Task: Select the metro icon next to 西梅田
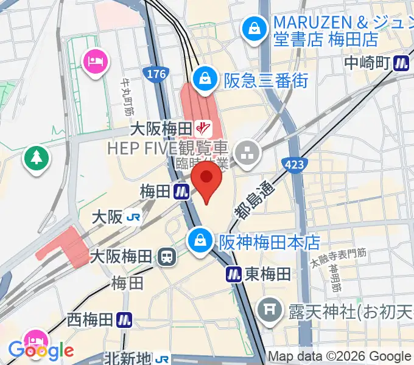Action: tap(125, 319)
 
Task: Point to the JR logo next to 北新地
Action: tap(163, 359)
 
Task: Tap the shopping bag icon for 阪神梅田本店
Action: tap(200, 241)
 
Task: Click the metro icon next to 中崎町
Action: tap(401, 62)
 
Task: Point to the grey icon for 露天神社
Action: tap(269, 311)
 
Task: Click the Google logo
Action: tap(41, 350)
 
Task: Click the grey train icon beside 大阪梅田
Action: tap(166, 257)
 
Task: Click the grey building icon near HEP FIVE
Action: tap(248, 156)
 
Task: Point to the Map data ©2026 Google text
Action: tap(339, 357)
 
